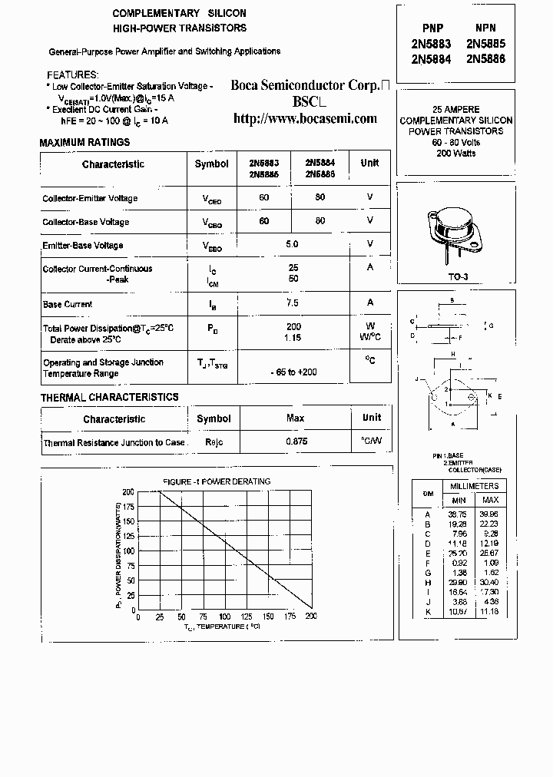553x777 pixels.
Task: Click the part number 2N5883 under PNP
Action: [x=432, y=45]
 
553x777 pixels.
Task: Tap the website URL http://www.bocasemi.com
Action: [x=305, y=118]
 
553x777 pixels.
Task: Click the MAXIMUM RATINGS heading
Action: [x=84, y=143]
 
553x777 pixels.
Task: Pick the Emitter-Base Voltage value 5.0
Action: [x=292, y=244]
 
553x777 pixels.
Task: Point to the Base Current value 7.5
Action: [x=292, y=303]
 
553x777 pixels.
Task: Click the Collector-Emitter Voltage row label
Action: [x=90, y=198]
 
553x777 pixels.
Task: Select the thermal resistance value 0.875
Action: [x=296, y=442]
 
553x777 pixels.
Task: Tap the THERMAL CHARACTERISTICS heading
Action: [x=109, y=397]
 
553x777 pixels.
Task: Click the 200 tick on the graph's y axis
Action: [x=128, y=491]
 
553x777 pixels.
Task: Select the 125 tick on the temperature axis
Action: [x=246, y=617]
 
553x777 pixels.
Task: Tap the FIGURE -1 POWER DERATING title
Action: [x=217, y=481]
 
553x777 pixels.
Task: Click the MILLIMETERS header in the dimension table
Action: [x=474, y=486]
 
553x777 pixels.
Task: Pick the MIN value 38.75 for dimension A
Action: [x=457, y=514]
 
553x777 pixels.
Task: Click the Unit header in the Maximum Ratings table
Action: [x=369, y=163]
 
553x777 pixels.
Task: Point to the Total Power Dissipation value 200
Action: [x=293, y=326]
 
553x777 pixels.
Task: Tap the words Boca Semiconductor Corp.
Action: [x=305, y=86]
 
